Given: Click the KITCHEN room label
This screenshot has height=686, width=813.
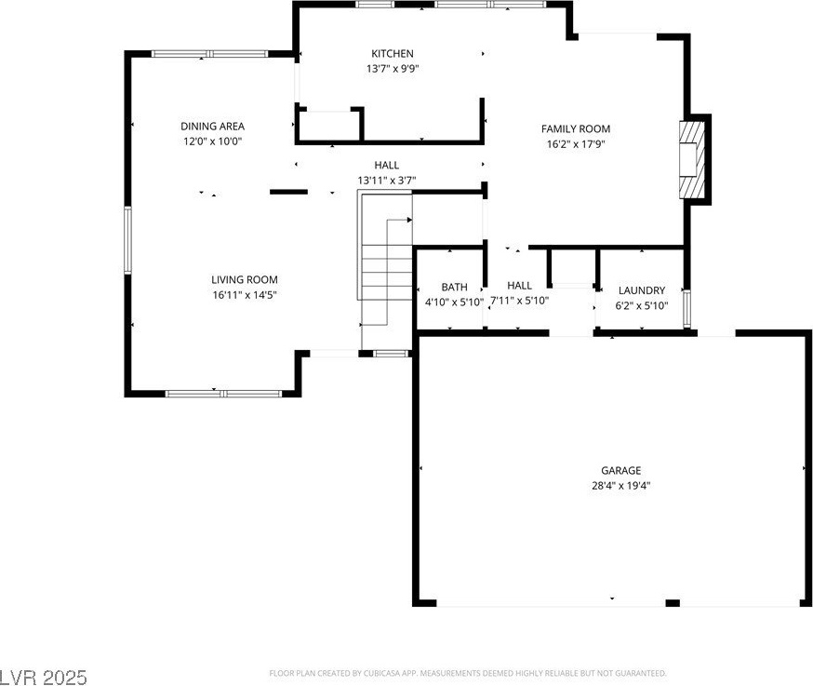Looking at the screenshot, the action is [x=392, y=53].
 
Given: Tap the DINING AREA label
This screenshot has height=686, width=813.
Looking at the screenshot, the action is [x=212, y=126].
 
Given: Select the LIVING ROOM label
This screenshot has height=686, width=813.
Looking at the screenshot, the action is [x=245, y=279].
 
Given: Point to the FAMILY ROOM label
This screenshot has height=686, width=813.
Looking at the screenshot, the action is [x=576, y=128].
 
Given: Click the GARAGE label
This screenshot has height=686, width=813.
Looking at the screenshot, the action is [x=620, y=471].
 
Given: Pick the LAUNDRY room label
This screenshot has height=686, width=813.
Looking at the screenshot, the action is [x=642, y=290].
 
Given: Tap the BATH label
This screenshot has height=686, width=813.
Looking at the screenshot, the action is [x=454, y=287].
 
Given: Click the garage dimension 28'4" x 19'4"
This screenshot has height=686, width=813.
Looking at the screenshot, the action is [x=620, y=486].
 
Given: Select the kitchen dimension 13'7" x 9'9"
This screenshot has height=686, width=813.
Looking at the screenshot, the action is [x=392, y=69].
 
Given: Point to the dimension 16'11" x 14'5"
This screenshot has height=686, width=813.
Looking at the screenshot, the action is [x=245, y=295].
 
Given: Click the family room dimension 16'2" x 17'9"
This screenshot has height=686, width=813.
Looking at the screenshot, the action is [x=576, y=143].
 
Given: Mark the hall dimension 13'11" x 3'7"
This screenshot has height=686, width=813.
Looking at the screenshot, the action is [x=386, y=181].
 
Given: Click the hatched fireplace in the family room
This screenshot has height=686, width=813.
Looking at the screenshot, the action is [x=692, y=159].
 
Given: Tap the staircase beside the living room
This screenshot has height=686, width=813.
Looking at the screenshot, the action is [x=386, y=270].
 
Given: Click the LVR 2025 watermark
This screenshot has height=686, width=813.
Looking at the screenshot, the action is [x=44, y=678].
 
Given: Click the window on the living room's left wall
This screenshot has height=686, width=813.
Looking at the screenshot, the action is [x=127, y=240].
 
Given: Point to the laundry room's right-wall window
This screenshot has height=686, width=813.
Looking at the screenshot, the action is [x=687, y=309].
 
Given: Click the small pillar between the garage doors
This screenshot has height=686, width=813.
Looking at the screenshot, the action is [x=673, y=603].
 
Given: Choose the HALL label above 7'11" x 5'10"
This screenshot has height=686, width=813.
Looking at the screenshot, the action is [x=519, y=286].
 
